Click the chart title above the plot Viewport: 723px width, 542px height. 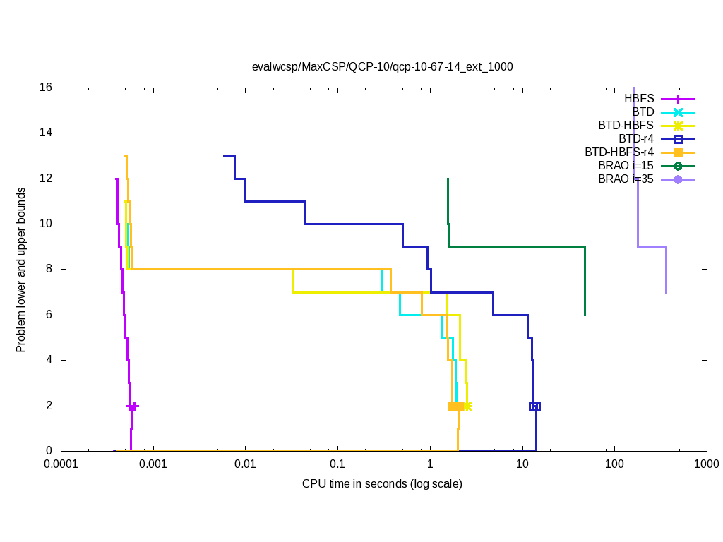382,67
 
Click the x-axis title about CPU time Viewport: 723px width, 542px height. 382,484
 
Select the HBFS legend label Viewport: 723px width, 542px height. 639,99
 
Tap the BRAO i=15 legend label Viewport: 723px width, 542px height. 626,166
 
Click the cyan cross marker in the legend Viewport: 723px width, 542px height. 678,112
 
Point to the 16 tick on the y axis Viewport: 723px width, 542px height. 46,88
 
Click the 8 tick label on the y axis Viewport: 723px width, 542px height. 49,270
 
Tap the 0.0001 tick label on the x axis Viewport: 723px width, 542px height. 61,464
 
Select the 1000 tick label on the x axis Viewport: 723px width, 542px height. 706,464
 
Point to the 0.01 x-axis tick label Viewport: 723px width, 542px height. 245,464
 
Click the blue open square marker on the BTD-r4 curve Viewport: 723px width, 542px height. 534,406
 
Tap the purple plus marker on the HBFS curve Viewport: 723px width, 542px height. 132,406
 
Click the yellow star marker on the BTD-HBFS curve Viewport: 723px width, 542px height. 467,406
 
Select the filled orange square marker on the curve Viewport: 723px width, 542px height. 453,406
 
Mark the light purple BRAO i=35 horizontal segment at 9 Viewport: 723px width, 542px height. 652,246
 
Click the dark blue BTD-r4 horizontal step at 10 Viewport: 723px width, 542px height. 353,224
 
